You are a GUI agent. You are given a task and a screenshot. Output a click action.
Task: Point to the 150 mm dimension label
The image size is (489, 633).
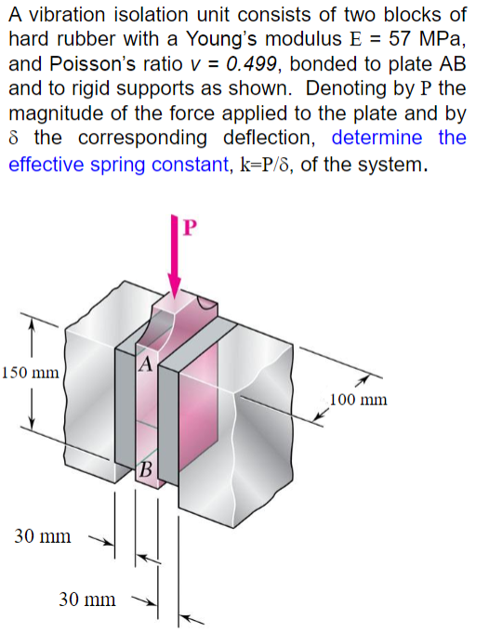point(31,373)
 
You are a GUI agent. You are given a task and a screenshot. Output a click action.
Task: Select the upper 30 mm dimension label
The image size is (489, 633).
point(43,535)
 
